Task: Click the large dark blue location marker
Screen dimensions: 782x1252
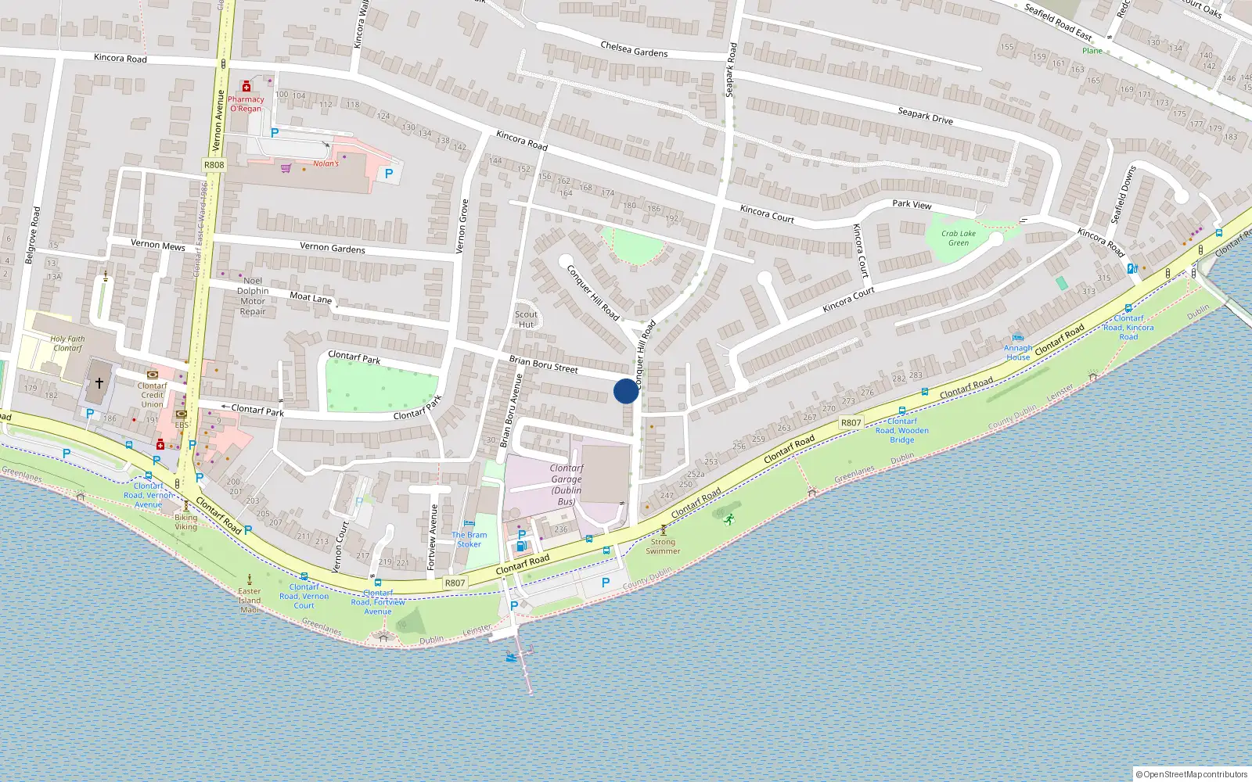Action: (x=625, y=391)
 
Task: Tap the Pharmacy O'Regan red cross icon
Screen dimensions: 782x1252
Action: (x=246, y=87)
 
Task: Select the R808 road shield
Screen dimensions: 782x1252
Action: (x=214, y=165)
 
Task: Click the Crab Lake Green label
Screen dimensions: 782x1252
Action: (x=959, y=238)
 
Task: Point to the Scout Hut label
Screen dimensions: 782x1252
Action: (x=526, y=320)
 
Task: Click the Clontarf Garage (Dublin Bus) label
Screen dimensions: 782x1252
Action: (x=566, y=485)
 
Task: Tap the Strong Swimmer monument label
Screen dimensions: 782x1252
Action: (x=663, y=546)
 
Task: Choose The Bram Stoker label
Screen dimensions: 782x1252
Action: (x=469, y=540)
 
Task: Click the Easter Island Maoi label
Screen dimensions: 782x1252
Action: (x=250, y=601)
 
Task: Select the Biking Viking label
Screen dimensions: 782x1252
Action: (x=185, y=522)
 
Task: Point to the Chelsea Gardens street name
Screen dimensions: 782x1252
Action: (x=634, y=49)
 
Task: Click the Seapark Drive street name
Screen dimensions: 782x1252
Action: (x=925, y=116)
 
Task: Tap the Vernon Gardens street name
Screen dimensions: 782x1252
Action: (x=333, y=248)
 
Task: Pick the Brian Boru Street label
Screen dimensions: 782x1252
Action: (x=543, y=364)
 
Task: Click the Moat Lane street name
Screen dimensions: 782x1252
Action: (x=311, y=297)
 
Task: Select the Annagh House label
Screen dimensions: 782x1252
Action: (x=1018, y=353)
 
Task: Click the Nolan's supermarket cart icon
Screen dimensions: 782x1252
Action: (x=286, y=168)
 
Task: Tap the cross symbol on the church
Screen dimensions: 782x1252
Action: (x=99, y=383)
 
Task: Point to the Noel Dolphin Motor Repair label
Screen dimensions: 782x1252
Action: (x=253, y=296)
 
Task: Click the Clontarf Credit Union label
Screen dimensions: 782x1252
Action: (x=153, y=395)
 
